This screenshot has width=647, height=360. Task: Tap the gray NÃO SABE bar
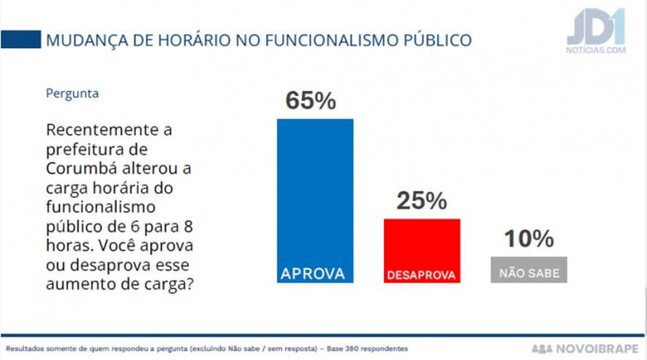point(528,270)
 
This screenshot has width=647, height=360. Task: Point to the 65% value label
point(310,100)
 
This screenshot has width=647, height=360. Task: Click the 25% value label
point(421,201)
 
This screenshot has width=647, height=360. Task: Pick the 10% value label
point(528,239)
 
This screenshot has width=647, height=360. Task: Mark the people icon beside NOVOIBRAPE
point(543,349)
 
